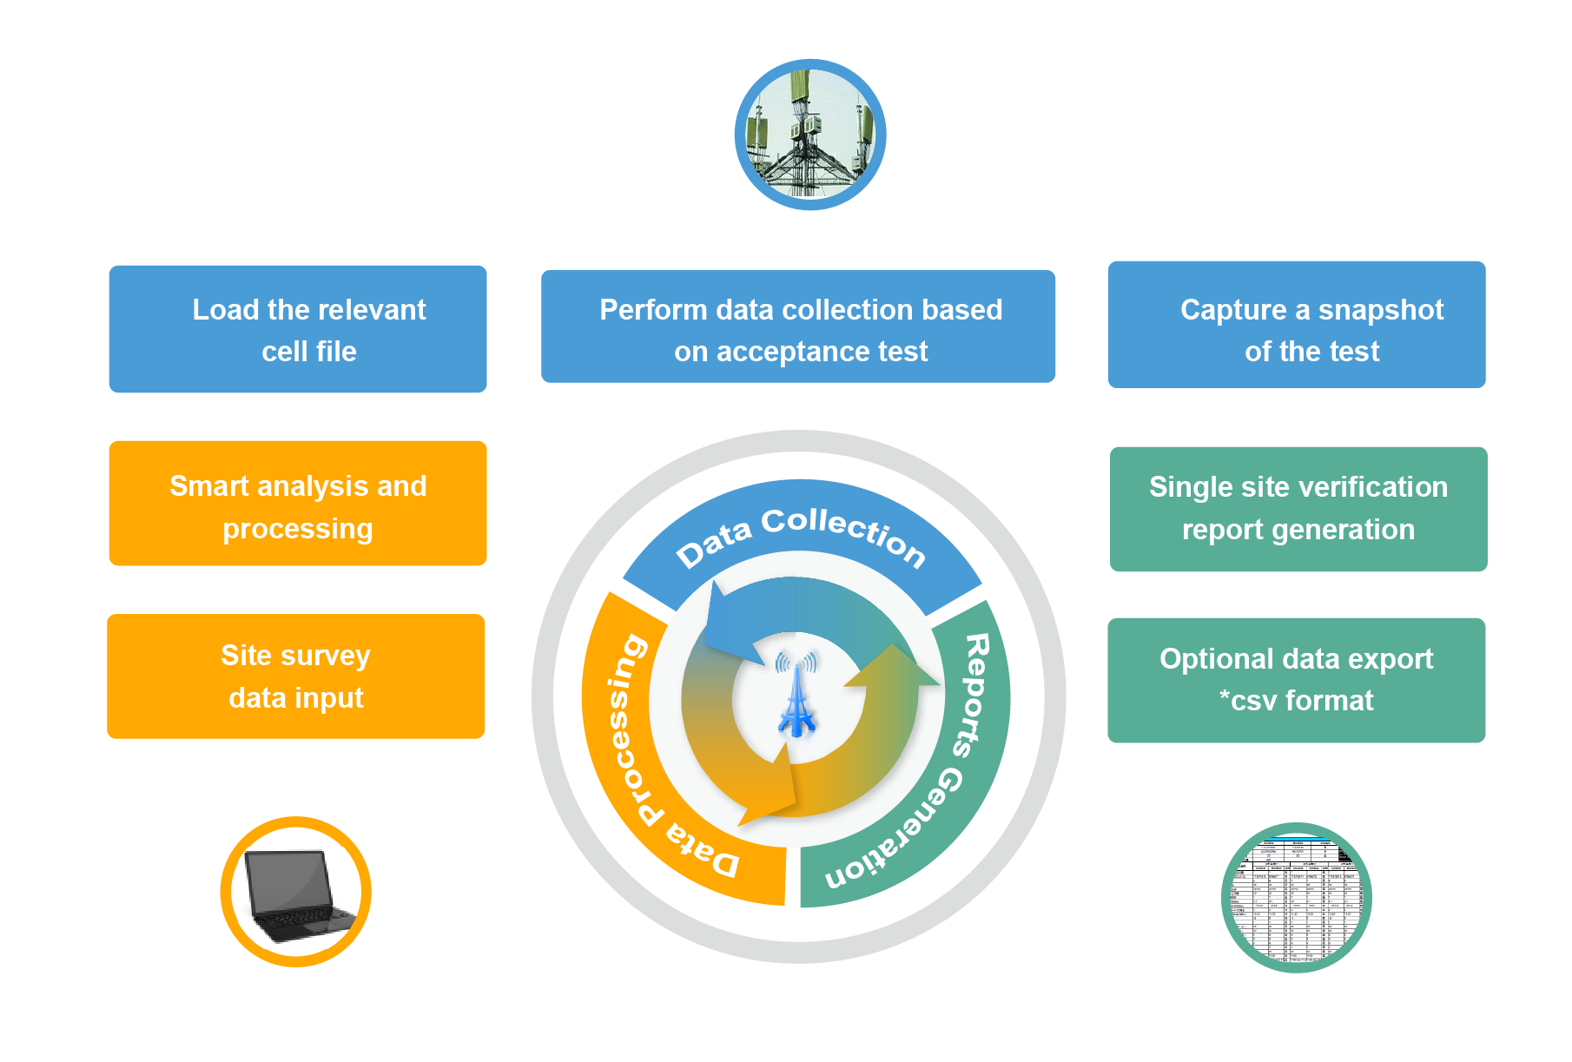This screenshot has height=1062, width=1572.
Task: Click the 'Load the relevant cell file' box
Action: [x=297, y=329]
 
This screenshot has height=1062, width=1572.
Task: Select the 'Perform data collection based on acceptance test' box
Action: [x=797, y=327]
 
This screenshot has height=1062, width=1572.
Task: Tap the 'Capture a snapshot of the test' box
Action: [x=1296, y=325]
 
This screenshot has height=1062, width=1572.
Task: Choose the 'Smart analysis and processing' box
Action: [x=297, y=504]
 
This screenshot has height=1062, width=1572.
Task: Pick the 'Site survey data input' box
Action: [x=295, y=676]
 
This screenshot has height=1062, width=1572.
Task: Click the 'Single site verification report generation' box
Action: [x=1298, y=509]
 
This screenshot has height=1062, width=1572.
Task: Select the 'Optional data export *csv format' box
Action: [x=1296, y=680]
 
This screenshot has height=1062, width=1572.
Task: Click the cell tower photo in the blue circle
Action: [x=810, y=135]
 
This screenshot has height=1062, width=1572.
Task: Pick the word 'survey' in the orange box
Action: [x=326, y=656]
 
